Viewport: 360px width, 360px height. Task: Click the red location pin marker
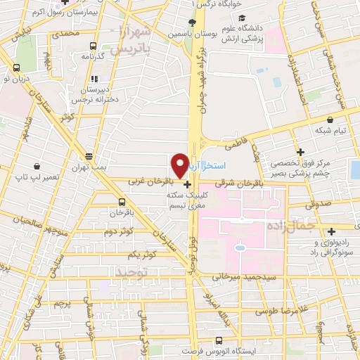[180, 165]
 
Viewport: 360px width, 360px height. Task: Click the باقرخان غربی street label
[149, 181]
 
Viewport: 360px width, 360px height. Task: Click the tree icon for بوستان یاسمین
[192, 22]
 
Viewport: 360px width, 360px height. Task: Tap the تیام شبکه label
[330, 131]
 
